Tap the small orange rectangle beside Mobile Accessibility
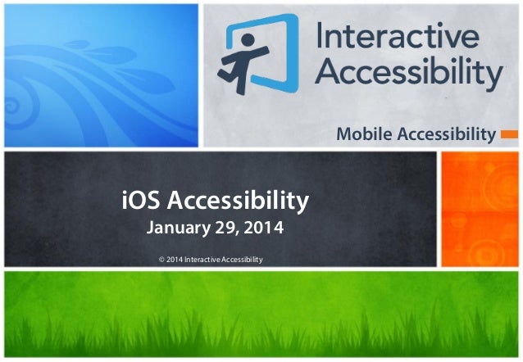click(508, 133)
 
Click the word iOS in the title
click(140, 199)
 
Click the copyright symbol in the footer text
click(160, 260)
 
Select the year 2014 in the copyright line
click(174, 260)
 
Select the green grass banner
click(261, 315)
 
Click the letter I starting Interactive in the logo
click(321, 37)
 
